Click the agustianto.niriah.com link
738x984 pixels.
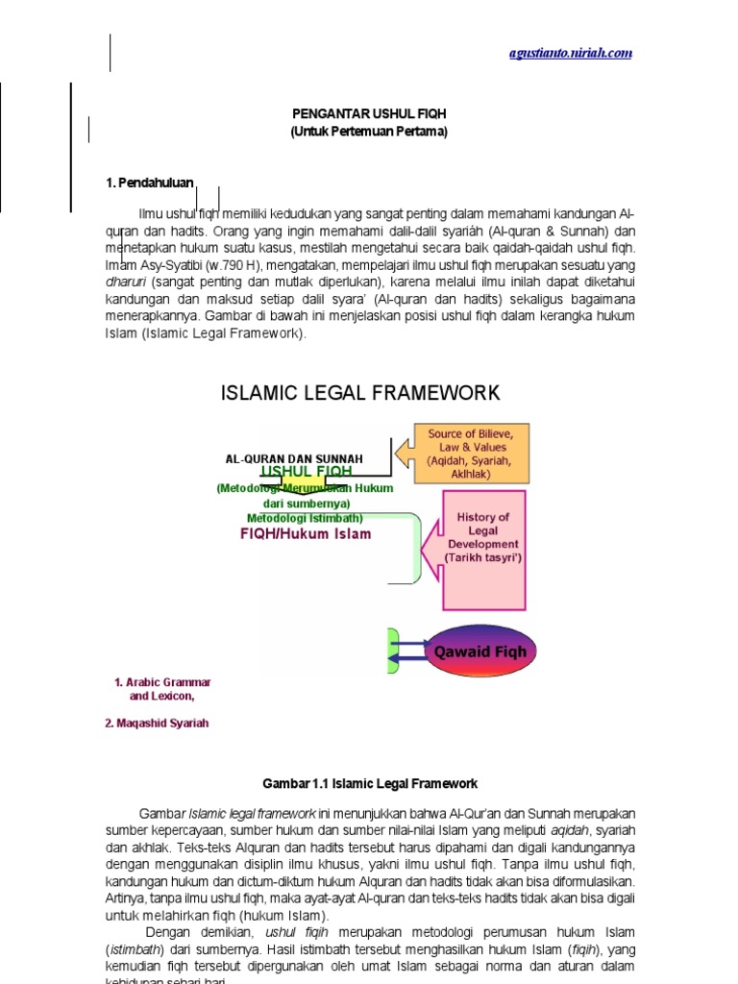[571, 53]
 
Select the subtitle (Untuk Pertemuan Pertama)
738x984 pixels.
[369, 132]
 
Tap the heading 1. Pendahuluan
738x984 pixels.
[149, 183]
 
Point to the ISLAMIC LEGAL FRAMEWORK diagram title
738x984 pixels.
[360, 392]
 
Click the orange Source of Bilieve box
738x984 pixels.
[471, 454]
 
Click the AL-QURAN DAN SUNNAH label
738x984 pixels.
[294, 459]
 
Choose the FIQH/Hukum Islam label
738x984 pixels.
[306, 534]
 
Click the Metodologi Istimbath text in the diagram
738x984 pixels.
[304, 519]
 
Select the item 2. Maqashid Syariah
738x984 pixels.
[157, 724]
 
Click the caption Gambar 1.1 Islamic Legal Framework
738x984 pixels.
[369, 784]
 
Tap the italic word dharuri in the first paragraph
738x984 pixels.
[125, 283]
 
